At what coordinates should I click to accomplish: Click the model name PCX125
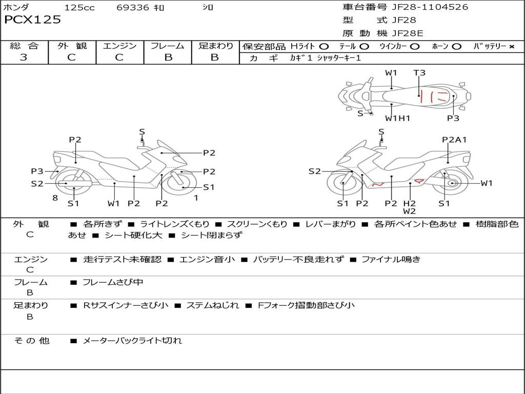pos(32,19)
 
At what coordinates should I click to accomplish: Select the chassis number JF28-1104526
pos(430,7)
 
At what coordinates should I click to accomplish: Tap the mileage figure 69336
pos(133,7)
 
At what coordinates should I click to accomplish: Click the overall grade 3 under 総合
pos(24,57)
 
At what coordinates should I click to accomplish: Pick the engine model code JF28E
pos(408,33)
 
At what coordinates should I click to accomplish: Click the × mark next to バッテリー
pos(511,47)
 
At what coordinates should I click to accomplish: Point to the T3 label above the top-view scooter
pos(419,73)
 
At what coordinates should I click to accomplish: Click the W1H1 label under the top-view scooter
pos(397,118)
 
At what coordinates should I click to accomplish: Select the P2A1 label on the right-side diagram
pos(454,140)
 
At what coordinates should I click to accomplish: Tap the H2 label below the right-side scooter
pos(409,203)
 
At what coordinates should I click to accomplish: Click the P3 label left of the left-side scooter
pos(37,171)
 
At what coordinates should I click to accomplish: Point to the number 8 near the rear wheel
pos(55,198)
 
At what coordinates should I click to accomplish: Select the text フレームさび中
pos(113,283)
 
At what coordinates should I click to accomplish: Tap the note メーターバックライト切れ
pos(132,341)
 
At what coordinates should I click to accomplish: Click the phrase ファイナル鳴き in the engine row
pos(391,259)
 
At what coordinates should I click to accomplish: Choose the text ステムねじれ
pos(213,305)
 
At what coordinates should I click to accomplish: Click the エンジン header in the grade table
pos(119,46)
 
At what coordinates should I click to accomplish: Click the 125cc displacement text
pos(79,7)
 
